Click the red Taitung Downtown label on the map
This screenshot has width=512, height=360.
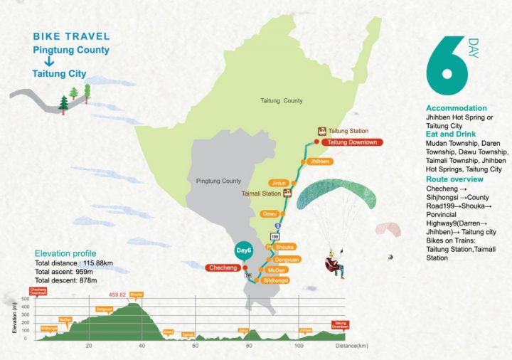tap(353, 142)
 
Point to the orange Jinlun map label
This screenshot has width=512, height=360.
tap(279, 183)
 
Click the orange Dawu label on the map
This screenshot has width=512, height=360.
tap(269, 213)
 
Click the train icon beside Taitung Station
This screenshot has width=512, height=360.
tap(321, 131)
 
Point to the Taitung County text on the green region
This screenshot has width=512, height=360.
tap(282, 101)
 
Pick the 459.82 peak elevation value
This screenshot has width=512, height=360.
tap(117, 295)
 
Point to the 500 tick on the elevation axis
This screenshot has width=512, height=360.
tap(23, 299)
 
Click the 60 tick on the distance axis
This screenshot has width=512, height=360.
tap(195, 345)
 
